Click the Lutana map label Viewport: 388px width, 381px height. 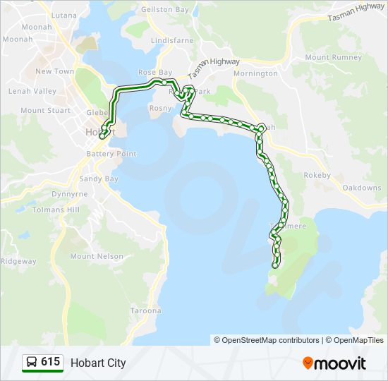[64, 15]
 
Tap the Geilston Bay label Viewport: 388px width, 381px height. [165, 10]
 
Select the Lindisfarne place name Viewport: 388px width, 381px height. [172, 41]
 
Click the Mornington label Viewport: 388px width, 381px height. [255, 73]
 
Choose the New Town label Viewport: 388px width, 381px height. [55, 71]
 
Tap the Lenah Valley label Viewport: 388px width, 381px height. [32, 91]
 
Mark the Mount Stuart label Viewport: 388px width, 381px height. [46, 110]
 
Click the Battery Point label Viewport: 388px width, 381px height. [111, 154]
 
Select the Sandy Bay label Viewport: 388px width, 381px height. [99, 179]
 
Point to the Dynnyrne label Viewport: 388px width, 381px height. [70, 194]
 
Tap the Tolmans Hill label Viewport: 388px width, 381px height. [56, 210]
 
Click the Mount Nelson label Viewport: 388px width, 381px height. [97, 257]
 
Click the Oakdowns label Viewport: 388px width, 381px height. [362, 188]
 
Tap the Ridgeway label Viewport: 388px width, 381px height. [18, 261]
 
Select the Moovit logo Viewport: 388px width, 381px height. [334, 363]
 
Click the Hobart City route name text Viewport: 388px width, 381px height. [98, 363]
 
